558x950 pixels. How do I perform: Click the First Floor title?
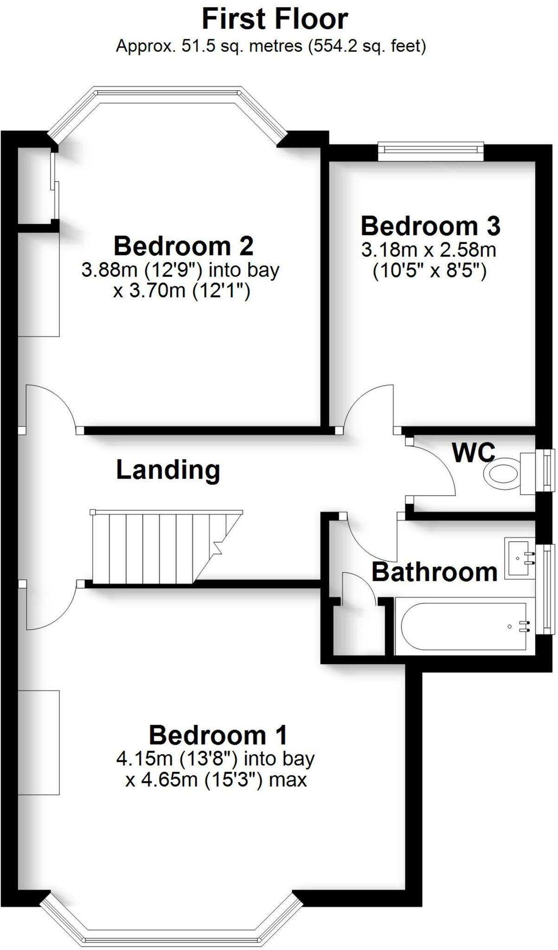[x=275, y=19]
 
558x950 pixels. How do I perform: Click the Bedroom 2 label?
[x=184, y=246]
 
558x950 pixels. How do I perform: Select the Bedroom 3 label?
[x=430, y=226]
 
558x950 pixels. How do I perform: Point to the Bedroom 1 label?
[x=218, y=735]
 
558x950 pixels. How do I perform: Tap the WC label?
[x=474, y=452]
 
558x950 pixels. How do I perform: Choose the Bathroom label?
[x=434, y=572]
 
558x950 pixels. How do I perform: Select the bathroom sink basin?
[x=519, y=558]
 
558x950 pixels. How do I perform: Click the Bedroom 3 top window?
[x=430, y=150]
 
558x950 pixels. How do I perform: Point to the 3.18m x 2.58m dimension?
[x=429, y=250]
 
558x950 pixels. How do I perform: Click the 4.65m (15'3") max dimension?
[x=216, y=780]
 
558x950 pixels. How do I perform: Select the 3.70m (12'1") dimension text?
[x=182, y=291]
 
